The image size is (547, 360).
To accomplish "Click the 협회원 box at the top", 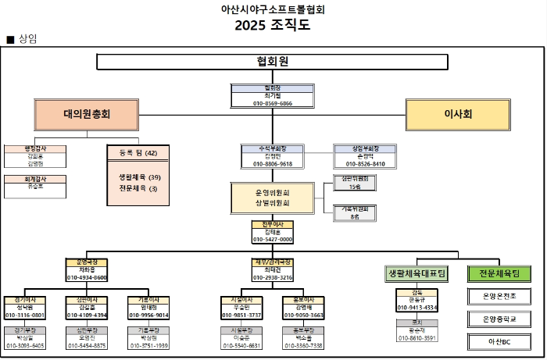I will [272, 62].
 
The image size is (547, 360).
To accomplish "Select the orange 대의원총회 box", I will [87, 114].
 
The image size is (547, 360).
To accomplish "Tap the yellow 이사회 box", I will [457, 114].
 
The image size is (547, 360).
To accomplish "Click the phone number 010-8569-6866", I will [272, 103].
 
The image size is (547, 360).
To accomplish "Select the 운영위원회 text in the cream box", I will [272, 192].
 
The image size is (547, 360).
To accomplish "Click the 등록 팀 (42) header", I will [138, 153].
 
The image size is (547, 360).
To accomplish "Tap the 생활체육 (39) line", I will [138, 177].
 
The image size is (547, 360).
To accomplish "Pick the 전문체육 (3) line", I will [138, 188].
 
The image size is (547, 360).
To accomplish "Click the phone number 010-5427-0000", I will [272, 240].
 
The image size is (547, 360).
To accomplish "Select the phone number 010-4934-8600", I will [87, 277].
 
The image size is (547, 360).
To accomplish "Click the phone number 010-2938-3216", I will [272, 277].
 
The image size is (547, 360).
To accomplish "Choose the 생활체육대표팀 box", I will [416, 274].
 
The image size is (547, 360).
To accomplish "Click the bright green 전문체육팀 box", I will [499, 274].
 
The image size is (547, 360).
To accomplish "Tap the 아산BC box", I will [499, 341].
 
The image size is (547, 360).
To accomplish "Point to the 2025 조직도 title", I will [272, 24].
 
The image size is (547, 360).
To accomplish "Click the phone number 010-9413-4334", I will [417, 308].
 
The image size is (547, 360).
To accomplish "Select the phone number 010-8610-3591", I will [417, 338].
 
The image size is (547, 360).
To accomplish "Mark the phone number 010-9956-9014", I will [148, 315].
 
